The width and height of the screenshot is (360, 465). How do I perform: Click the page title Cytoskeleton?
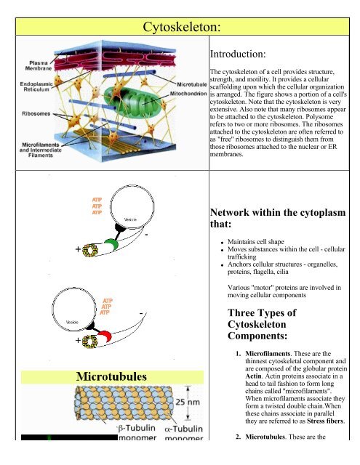click(x=180, y=28)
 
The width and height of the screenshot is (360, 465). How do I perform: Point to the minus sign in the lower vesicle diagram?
click(x=140, y=314)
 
